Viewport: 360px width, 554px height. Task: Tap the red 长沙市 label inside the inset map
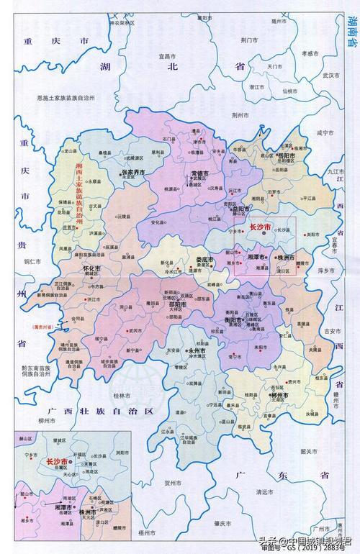point(56,461)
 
